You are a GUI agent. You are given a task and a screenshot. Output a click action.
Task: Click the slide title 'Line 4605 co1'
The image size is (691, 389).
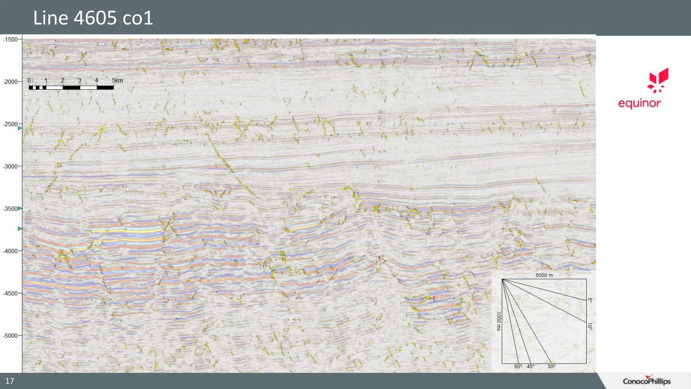pos(93,18)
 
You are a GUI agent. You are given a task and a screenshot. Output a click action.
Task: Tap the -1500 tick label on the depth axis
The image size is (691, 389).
pos(10,40)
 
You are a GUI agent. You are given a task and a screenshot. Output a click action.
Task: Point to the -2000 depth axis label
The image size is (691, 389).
pos(10,82)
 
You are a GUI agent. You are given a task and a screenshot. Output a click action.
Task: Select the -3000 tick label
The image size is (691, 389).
pos(10,166)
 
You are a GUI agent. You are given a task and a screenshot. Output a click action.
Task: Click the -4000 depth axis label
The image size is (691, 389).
pos(10,251)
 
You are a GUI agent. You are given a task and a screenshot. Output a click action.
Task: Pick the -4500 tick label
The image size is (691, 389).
pos(10,293)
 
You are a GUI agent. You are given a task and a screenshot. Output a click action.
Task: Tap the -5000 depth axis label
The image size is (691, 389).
pos(10,336)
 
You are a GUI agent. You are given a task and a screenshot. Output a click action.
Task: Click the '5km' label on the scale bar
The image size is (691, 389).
pos(117,80)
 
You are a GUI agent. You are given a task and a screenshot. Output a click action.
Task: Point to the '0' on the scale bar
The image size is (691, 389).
pos(29,80)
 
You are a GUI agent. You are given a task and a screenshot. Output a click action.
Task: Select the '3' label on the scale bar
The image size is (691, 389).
pos(80,80)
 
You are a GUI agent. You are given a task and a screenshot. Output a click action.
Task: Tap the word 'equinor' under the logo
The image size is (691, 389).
pos(639,103)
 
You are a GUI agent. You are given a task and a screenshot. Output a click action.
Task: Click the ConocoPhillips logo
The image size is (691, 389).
pos(646,381)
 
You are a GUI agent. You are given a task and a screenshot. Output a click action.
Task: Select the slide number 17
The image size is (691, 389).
pos(10,381)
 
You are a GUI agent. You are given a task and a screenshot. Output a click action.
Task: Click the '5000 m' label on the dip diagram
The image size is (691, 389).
pos(544,275)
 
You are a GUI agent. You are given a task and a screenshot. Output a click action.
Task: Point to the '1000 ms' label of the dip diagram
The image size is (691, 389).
pos(498,321)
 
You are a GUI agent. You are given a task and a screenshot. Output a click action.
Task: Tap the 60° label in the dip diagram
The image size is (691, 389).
pos(518,367)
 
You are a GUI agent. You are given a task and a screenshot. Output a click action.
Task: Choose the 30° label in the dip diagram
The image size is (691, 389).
pos(551,367)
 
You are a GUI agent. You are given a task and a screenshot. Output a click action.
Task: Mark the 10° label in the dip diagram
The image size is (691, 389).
pos(589,326)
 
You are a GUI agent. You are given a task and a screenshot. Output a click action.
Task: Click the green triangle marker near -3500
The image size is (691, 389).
pos(20,208)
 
